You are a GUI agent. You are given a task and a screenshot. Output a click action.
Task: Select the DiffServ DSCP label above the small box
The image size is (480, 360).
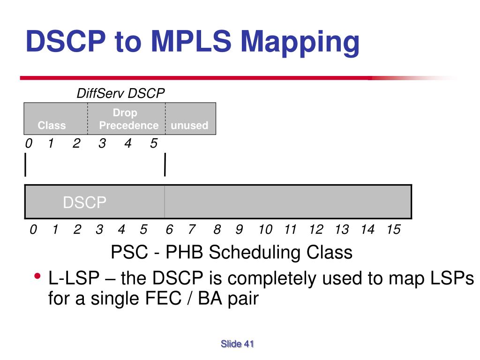pyautogui.click(x=120, y=94)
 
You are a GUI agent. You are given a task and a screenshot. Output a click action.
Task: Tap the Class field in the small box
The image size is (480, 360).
pyautogui.click(x=52, y=125)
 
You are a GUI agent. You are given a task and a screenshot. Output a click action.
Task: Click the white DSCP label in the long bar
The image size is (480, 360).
pyautogui.click(x=85, y=202)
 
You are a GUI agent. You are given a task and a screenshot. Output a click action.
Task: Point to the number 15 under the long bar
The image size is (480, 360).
pyautogui.click(x=393, y=230)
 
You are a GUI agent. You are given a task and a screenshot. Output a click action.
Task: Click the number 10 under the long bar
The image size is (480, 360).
pyautogui.click(x=265, y=230)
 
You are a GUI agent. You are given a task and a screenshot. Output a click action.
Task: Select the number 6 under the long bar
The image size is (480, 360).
pyautogui.click(x=169, y=230)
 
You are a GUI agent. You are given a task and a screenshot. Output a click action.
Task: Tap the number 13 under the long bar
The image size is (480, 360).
pyautogui.click(x=342, y=230)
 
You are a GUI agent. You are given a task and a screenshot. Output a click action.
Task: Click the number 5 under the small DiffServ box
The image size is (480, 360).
pyautogui.click(x=154, y=144)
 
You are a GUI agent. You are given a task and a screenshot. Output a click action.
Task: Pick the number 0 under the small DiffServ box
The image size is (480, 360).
pyautogui.click(x=29, y=144)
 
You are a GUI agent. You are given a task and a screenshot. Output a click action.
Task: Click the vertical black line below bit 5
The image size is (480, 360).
pyautogui.click(x=165, y=166)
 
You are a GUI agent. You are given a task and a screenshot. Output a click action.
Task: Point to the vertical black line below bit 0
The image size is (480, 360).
pyautogui.click(x=25, y=166)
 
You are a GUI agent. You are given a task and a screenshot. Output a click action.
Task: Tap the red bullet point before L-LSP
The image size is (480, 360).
pyautogui.click(x=37, y=276)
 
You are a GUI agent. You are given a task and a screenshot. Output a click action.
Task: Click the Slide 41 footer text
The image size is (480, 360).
pyautogui.click(x=237, y=344)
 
